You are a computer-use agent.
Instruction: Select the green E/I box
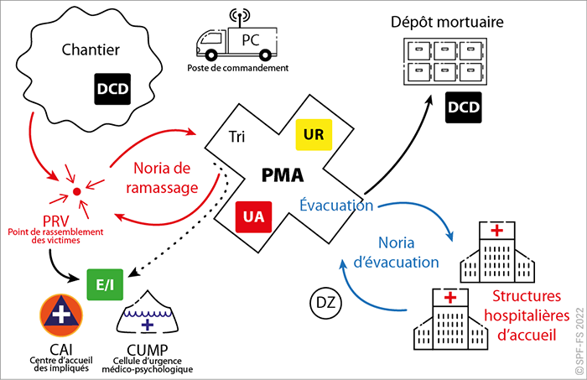[x=105, y=285]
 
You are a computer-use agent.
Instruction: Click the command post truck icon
[x=234, y=43]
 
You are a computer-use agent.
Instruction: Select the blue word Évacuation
[x=335, y=205]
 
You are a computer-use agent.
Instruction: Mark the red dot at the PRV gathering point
[x=77, y=192]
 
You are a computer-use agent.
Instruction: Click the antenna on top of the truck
[x=235, y=14]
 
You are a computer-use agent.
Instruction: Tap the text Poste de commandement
[x=250, y=68]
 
